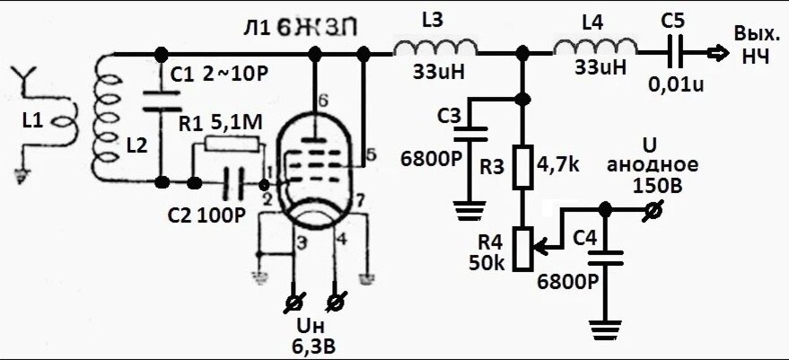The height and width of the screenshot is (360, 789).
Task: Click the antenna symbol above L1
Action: point(27,81)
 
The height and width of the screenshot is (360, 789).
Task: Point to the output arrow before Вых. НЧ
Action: point(714,54)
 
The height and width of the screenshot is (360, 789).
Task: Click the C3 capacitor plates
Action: point(468,134)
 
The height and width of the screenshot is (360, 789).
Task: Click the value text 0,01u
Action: point(677,85)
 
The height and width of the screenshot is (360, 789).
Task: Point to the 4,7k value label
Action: point(561,166)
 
